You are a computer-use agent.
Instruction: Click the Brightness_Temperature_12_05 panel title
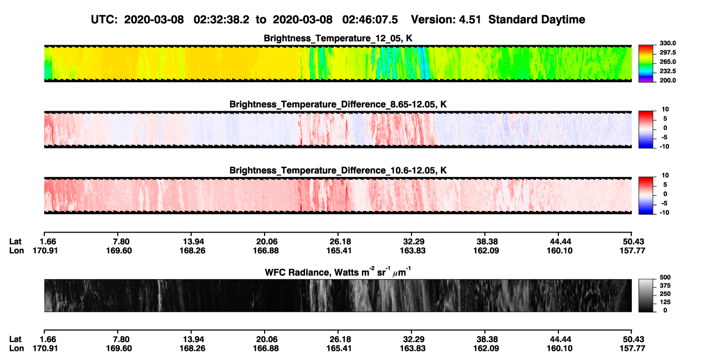click(x=338, y=38)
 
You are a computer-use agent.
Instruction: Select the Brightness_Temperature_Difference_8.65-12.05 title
click(x=338, y=104)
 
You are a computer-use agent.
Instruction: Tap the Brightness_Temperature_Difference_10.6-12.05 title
click(x=338, y=171)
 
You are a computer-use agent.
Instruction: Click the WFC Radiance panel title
click(x=338, y=272)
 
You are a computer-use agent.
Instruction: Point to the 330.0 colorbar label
click(x=667, y=43)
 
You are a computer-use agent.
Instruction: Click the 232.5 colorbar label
click(x=667, y=71)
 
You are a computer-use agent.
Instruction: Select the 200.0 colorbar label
click(x=667, y=80)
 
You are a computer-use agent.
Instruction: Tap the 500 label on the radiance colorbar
click(x=665, y=277)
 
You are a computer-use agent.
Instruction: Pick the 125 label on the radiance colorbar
click(x=665, y=302)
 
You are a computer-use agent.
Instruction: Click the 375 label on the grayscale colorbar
click(x=665, y=286)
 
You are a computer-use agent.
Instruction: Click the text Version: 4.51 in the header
click(x=446, y=19)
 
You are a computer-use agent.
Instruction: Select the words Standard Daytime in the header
click(x=537, y=19)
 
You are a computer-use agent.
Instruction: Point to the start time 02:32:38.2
click(x=221, y=19)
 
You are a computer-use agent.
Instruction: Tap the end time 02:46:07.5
click(x=370, y=19)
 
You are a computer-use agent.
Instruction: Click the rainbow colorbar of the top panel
click(x=646, y=64)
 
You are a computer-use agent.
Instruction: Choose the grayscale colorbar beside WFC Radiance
click(x=646, y=295)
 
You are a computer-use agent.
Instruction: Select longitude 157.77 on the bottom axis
click(x=632, y=349)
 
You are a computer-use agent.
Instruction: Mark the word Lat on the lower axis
click(x=15, y=339)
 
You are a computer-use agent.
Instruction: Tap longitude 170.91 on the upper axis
click(x=45, y=250)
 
